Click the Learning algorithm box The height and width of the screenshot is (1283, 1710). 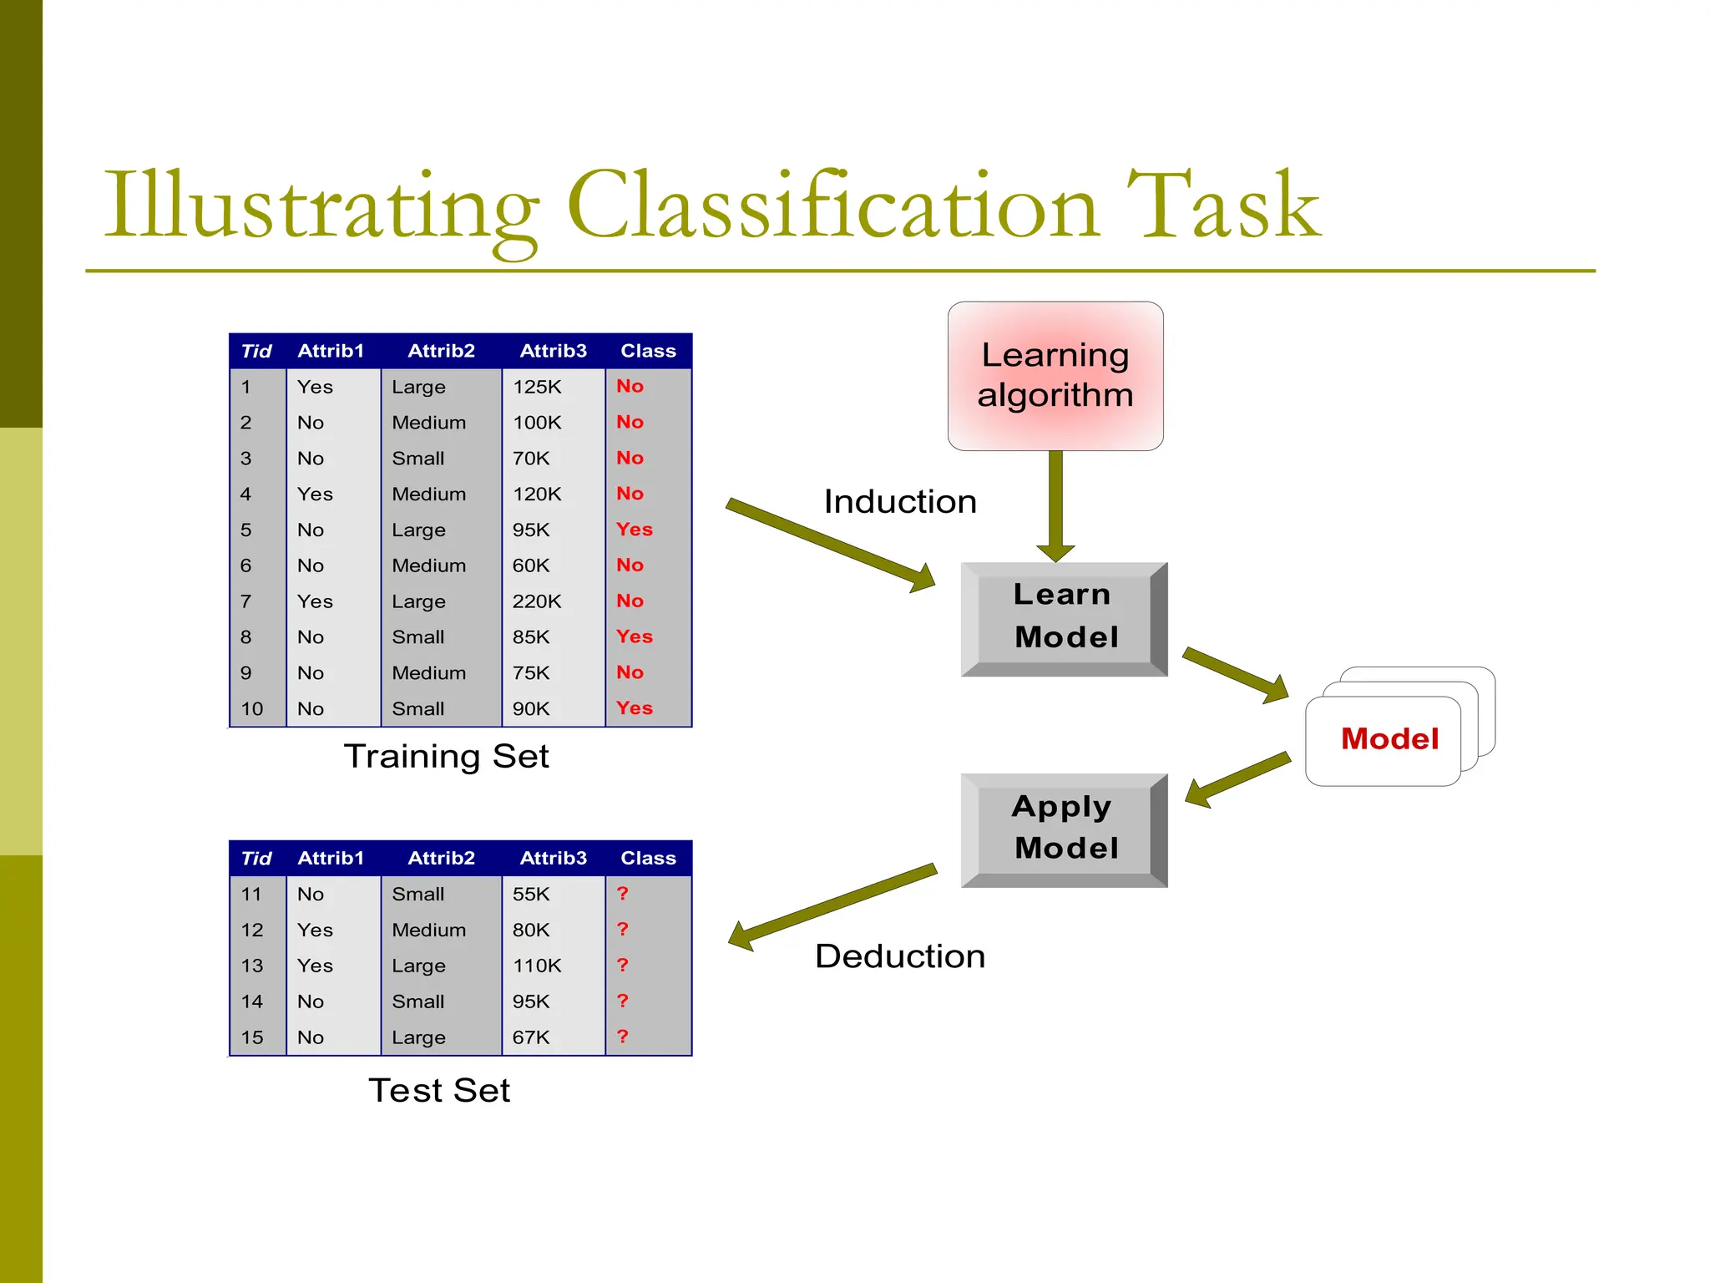(1055, 376)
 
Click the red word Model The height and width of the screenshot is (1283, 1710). (1389, 739)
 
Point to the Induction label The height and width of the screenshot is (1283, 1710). (900, 502)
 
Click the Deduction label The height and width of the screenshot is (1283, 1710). (900, 956)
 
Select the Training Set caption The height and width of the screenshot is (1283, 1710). (446, 757)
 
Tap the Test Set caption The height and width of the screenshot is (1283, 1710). (439, 1091)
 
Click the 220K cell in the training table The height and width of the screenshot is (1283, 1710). (537, 601)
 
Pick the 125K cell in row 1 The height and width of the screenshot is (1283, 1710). (537, 387)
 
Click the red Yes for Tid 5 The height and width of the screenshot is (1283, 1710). (634, 530)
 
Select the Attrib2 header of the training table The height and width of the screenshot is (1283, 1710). (441, 351)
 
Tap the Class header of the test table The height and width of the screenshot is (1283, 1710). (648, 858)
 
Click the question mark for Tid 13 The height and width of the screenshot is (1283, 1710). (622, 965)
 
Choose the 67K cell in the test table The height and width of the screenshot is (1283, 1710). (531, 1037)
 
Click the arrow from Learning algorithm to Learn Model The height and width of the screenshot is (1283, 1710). (1055, 505)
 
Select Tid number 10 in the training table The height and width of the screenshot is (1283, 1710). (251, 709)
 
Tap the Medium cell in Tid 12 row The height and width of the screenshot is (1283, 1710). (428, 930)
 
